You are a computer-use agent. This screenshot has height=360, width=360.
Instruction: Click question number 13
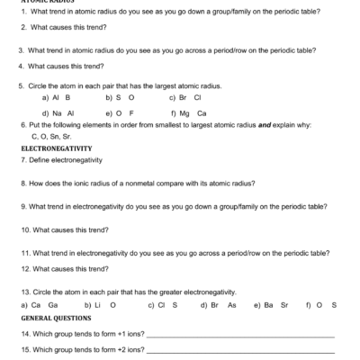pyautogui.click(x=24, y=292)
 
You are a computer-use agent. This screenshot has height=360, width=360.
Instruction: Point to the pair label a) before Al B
pyautogui.click(x=47, y=96)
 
